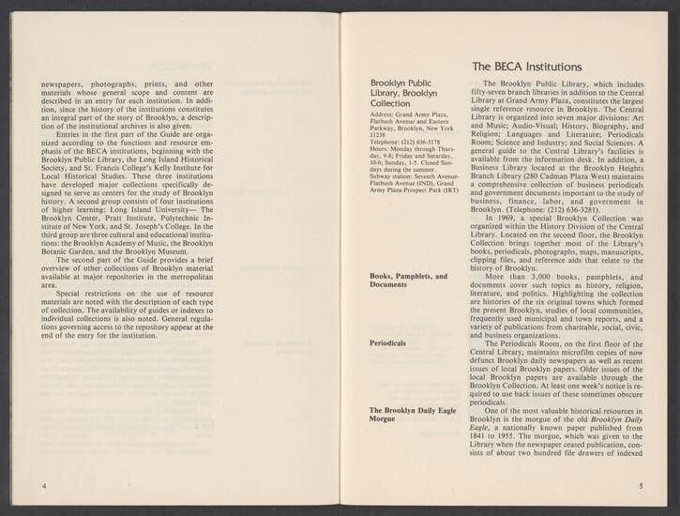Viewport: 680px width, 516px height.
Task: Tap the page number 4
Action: click(x=44, y=485)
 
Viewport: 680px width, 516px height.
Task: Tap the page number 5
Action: click(x=639, y=485)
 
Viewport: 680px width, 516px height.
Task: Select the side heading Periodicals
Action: click(x=387, y=344)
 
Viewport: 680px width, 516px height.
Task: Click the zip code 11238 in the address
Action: click(x=377, y=134)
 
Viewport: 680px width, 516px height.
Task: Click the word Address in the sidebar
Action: click(x=385, y=114)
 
